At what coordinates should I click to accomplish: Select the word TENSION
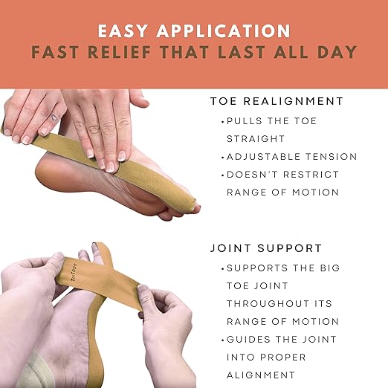333,157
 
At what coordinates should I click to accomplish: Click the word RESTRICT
313,175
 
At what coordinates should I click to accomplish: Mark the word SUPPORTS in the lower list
259,267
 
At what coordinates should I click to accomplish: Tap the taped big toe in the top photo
193,206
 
